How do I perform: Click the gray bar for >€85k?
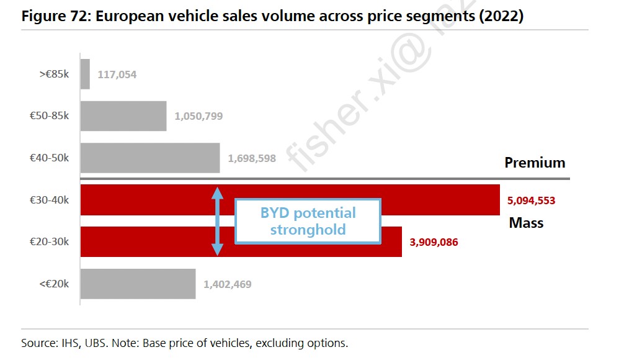[x=85, y=74]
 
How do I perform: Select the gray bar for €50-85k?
[x=123, y=116]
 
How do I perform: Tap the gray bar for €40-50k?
[x=150, y=158]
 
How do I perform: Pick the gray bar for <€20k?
[x=138, y=284]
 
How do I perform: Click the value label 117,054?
[x=117, y=74]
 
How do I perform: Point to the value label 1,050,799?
[x=198, y=116]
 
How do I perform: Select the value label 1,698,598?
[x=252, y=158]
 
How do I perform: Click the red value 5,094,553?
[x=531, y=200]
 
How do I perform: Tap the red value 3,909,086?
[x=434, y=242]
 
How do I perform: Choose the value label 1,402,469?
[x=228, y=284]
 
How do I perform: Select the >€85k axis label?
[x=55, y=74]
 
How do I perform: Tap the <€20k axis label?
[x=55, y=284]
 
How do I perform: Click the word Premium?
[x=535, y=163]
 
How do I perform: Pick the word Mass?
[x=526, y=222]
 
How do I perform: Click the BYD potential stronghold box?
[x=308, y=221]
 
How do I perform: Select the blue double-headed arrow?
[x=217, y=221]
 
